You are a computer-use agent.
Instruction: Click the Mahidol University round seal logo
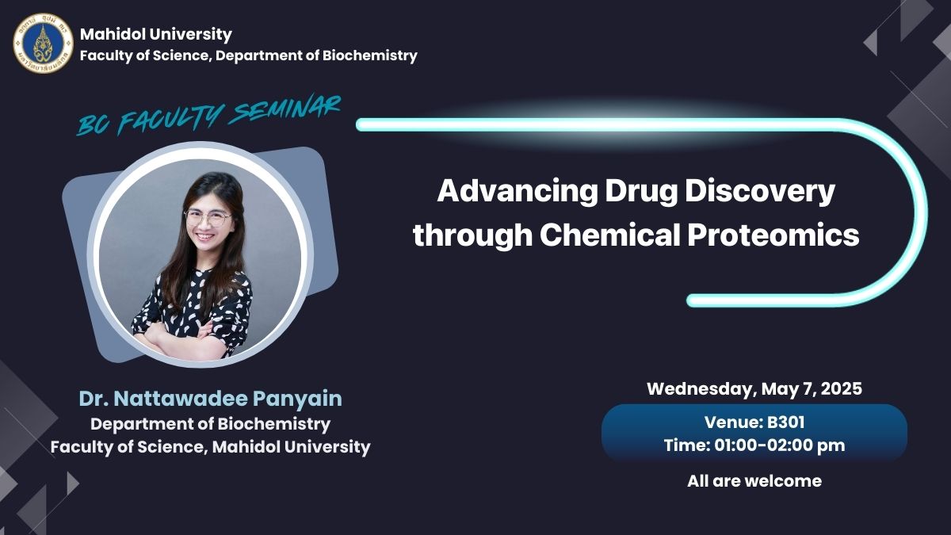(x=43, y=43)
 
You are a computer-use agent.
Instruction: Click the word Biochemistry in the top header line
(x=370, y=55)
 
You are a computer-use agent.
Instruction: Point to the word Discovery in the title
(x=760, y=192)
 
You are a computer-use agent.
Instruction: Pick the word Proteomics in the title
(x=773, y=235)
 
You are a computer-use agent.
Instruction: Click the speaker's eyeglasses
(x=208, y=218)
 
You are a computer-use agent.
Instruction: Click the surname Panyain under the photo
(x=297, y=399)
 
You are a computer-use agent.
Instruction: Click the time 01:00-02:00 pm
(x=780, y=445)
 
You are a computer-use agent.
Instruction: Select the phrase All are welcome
(x=754, y=481)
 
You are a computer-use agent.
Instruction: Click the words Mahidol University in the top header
(x=156, y=34)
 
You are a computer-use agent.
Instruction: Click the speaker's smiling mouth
(x=205, y=236)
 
